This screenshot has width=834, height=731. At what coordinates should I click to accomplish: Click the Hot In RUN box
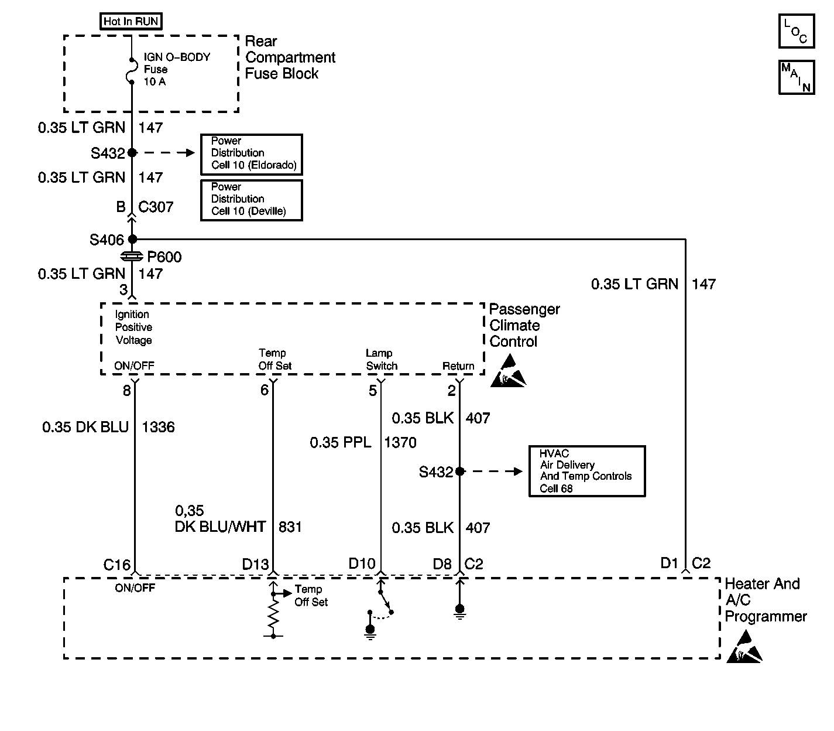pos(131,21)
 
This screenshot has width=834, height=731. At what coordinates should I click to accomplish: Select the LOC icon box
pos(796,31)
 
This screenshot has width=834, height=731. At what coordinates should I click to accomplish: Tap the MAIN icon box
pos(796,77)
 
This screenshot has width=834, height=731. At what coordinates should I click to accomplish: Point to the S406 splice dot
pos(132,239)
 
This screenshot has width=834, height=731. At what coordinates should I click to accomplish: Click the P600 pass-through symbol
pos(132,257)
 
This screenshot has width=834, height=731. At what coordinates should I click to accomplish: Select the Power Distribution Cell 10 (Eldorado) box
pos(252,154)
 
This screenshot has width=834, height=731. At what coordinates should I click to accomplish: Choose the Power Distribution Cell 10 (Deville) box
pos(252,200)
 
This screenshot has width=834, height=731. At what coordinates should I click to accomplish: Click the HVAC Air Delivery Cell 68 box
pos(587,471)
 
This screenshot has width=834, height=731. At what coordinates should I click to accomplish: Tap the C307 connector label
pos(156,207)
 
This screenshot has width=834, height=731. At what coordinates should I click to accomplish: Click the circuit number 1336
pos(158,427)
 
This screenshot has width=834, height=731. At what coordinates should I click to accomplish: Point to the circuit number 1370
pos(401,443)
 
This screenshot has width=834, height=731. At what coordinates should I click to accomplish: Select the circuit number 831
pos(290,527)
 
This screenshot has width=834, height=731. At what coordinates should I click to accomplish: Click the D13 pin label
pos(256,564)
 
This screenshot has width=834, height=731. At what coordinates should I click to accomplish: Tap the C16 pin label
pos(117,565)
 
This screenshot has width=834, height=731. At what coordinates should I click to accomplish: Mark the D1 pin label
pos(670,563)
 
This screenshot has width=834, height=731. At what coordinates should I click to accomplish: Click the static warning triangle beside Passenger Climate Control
pos(509,371)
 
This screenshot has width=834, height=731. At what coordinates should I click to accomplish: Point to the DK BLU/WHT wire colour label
pos(220,527)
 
